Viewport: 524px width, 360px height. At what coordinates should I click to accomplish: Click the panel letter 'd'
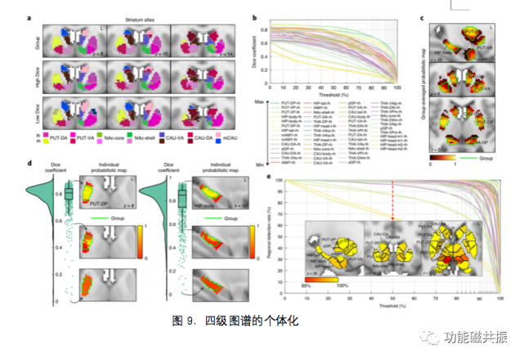click(x=30, y=164)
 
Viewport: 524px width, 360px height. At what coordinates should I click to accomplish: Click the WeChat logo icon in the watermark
click(x=424, y=335)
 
